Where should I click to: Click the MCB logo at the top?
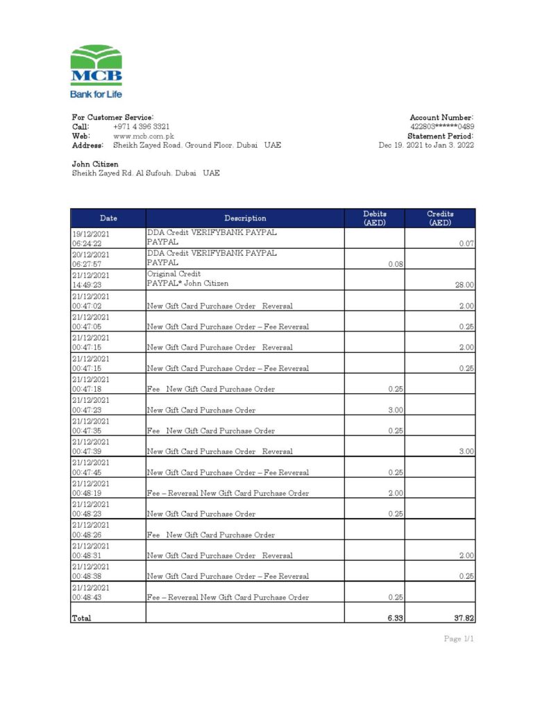[x=96, y=71]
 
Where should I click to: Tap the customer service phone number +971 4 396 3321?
[x=141, y=127]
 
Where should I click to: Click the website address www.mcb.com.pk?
[x=143, y=136]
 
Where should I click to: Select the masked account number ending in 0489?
[x=442, y=127]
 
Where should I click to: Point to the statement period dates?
[x=426, y=145]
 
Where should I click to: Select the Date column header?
[x=108, y=218]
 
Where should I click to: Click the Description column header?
[x=245, y=218]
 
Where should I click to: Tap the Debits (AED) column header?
[x=375, y=218]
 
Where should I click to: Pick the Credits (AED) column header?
[x=440, y=218]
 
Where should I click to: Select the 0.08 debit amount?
[x=396, y=264]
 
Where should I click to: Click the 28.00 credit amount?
[x=464, y=285]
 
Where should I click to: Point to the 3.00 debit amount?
[x=396, y=410]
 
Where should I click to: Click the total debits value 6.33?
[x=396, y=618]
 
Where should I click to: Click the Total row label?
[x=81, y=618]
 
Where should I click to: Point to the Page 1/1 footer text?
[x=459, y=639]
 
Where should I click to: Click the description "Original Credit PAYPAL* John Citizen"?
[x=187, y=279]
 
